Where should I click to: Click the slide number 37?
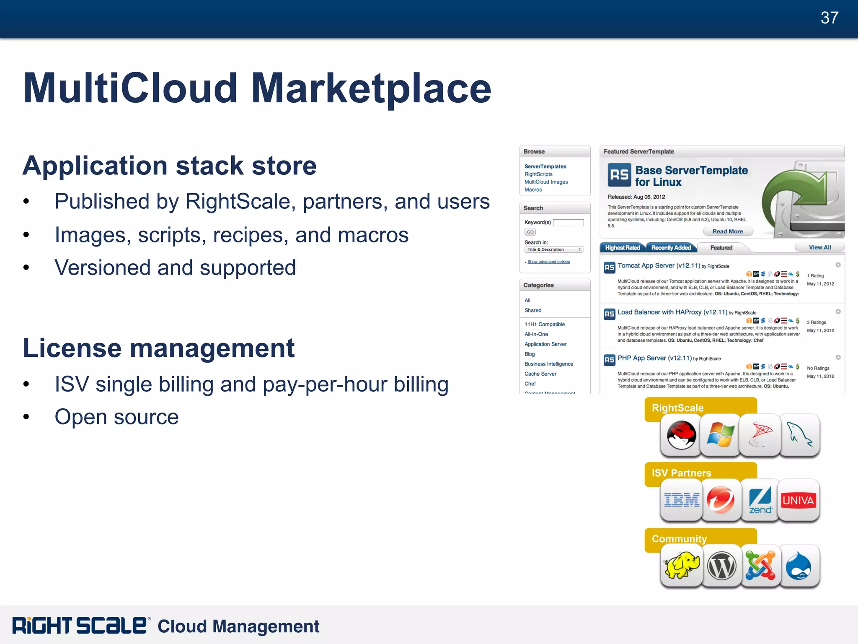point(829,18)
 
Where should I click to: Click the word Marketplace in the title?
point(371,88)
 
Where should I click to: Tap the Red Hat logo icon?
point(681,435)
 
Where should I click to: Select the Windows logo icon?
point(720,435)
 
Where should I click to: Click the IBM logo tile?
point(682,500)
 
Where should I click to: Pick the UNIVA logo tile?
point(798,500)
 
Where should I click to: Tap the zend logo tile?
point(760,500)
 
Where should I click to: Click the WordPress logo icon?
point(721,566)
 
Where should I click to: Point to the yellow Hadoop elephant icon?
point(682,566)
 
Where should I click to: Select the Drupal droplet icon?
point(799,566)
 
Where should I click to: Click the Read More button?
point(728,231)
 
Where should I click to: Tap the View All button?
point(819,247)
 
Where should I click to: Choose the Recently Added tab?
point(671,248)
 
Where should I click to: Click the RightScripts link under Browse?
point(538,174)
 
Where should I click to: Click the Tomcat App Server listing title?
point(659,265)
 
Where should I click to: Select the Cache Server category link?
point(540,374)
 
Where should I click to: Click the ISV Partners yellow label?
point(681,473)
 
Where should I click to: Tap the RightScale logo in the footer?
point(80,626)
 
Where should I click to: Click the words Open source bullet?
point(116,417)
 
